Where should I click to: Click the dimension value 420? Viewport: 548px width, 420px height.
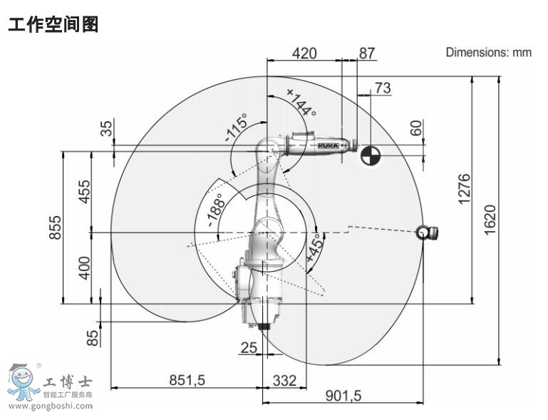[x=305, y=53]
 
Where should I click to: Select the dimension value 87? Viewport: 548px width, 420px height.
[x=366, y=53]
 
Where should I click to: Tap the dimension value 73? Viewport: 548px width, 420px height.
[x=383, y=88]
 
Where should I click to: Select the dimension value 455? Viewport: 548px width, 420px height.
[x=84, y=192]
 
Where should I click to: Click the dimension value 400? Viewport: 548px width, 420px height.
[x=84, y=267]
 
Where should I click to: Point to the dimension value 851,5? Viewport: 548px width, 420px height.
[x=187, y=380]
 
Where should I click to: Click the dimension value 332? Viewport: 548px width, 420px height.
[x=284, y=380]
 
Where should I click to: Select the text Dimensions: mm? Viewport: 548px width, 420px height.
[x=488, y=52]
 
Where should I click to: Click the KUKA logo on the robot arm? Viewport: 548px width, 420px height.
[x=327, y=145]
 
